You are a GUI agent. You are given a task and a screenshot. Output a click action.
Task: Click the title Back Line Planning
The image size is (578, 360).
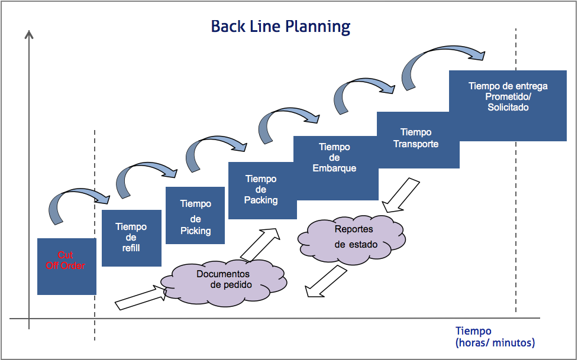(x=280, y=27)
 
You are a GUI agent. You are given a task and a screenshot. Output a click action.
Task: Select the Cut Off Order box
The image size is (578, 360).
(x=66, y=266)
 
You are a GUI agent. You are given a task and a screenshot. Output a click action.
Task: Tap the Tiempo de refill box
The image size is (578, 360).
(x=131, y=238)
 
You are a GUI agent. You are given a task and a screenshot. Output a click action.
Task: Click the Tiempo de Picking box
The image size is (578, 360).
(x=195, y=216)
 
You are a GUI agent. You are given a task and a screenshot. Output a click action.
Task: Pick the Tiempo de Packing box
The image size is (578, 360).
(x=261, y=190)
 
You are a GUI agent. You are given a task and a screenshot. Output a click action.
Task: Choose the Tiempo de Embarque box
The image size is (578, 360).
(x=335, y=167)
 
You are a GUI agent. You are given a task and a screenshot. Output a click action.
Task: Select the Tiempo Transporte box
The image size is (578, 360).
(x=417, y=139)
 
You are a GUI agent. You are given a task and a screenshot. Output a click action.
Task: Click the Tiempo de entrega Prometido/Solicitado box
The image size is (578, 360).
(x=508, y=105)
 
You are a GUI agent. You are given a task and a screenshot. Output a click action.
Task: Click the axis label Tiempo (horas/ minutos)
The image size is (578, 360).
(x=495, y=337)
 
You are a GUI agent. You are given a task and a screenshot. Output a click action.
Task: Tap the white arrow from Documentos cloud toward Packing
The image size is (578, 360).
(x=260, y=244)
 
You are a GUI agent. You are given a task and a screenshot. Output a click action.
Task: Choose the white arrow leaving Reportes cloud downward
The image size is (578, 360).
(x=324, y=281)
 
